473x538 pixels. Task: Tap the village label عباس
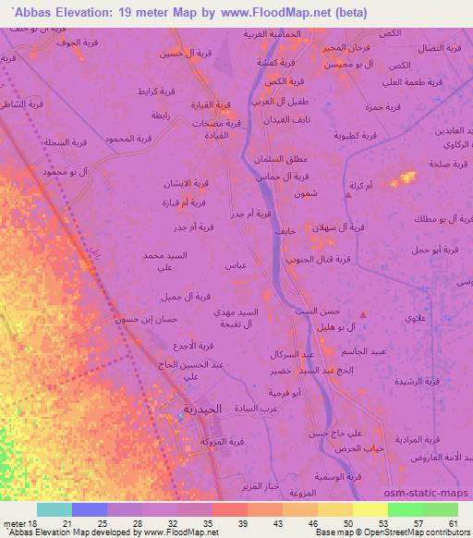235,265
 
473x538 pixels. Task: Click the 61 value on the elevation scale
452,523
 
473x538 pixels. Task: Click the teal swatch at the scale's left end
55,509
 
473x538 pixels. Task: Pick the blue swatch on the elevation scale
90,509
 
